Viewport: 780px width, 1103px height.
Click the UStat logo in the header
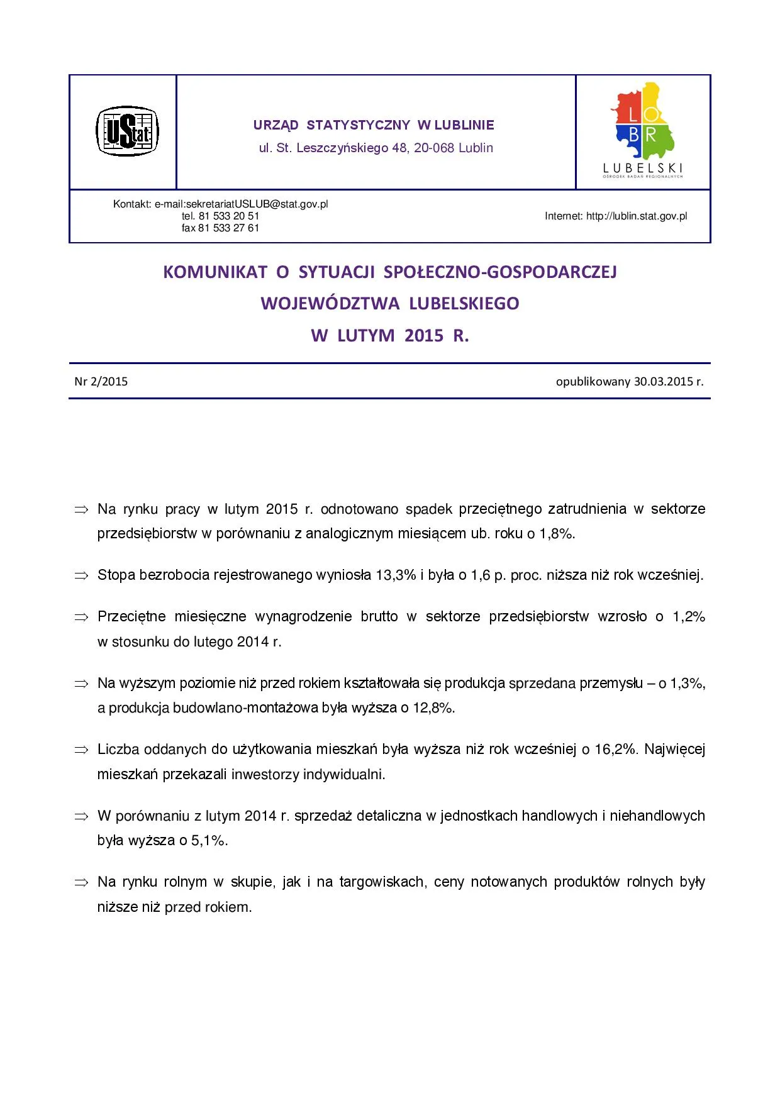coord(127,131)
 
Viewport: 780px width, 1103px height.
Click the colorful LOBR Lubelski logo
coord(643,131)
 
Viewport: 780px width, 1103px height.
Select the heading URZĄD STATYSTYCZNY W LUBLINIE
coord(374,125)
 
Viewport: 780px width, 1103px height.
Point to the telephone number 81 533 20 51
coord(229,216)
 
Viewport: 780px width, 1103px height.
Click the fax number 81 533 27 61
coord(229,228)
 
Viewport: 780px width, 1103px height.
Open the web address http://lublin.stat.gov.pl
coord(637,216)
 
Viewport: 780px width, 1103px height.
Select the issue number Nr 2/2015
coord(101,382)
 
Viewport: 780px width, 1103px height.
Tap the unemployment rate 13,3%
coord(396,575)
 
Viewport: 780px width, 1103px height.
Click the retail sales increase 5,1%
coord(209,841)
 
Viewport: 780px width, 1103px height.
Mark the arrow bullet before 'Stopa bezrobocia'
coord(81,575)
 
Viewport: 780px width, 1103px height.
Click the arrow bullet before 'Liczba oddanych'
coord(81,750)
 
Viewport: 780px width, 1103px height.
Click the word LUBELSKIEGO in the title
coord(464,304)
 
